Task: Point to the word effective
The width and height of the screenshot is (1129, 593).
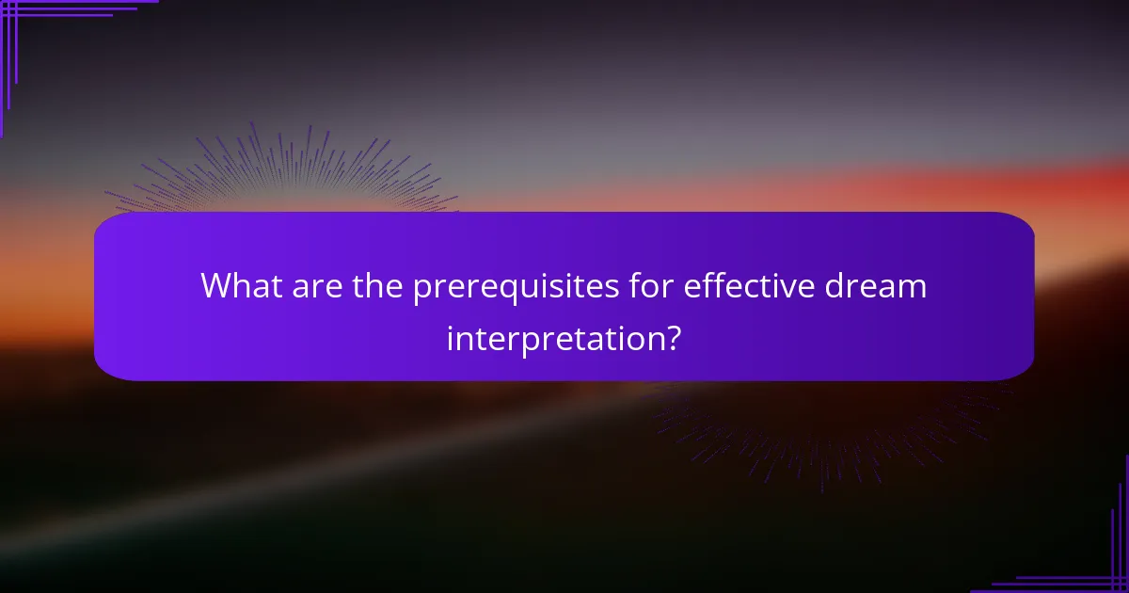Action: [743, 285]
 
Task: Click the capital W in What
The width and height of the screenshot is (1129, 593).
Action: [215, 285]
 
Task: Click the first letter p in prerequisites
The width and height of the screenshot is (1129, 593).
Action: [421, 289]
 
